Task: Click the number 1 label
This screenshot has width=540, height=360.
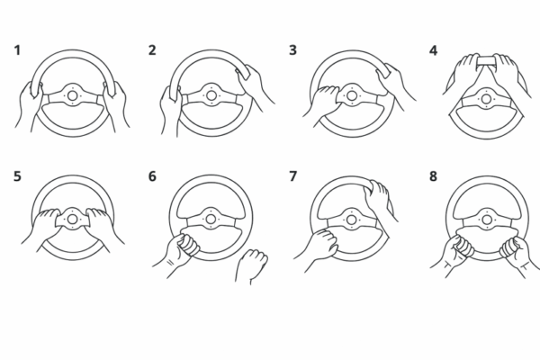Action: [17, 50]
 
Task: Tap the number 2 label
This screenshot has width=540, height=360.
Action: [152, 50]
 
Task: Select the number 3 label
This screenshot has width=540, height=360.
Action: [292, 50]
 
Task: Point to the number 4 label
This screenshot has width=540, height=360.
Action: [433, 50]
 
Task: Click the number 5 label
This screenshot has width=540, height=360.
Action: [17, 176]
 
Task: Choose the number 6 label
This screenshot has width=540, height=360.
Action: [152, 176]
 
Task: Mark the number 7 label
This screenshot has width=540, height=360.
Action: [292, 176]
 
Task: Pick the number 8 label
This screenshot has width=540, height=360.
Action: [433, 176]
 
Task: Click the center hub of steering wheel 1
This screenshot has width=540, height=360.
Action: [72, 95]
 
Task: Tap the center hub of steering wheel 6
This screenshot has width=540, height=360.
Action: [211, 219]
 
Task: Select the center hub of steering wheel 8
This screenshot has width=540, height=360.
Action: [487, 220]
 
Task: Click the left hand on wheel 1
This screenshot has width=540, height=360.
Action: [30, 105]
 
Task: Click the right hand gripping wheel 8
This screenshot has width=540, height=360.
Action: [518, 255]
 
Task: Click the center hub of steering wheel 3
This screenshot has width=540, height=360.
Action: [352, 95]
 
